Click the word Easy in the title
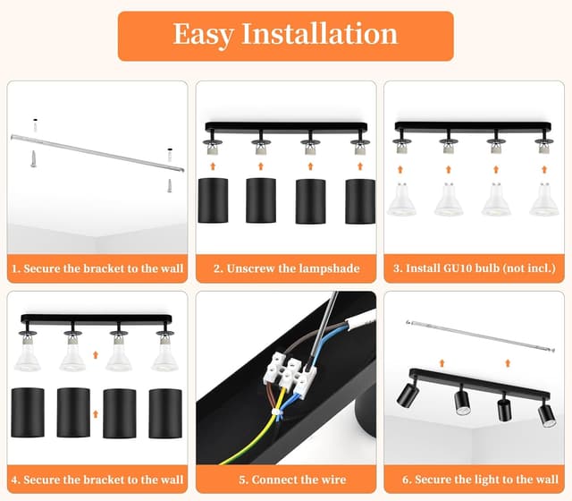(x=203, y=35)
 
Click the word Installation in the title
(x=320, y=33)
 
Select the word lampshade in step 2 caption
(x=330, y=268)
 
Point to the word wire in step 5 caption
(x=333, y=480)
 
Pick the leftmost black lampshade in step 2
(x=213, y=200)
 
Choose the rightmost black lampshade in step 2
(x=360, y=201)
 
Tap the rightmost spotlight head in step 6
(x=547, y=415)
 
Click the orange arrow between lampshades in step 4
(x=96, y=413)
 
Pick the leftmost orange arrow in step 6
(x=442, y=363)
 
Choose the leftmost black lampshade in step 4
(x=28, y=412)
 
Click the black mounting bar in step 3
(x=473, y=127)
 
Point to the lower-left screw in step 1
(x=33, y=159)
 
